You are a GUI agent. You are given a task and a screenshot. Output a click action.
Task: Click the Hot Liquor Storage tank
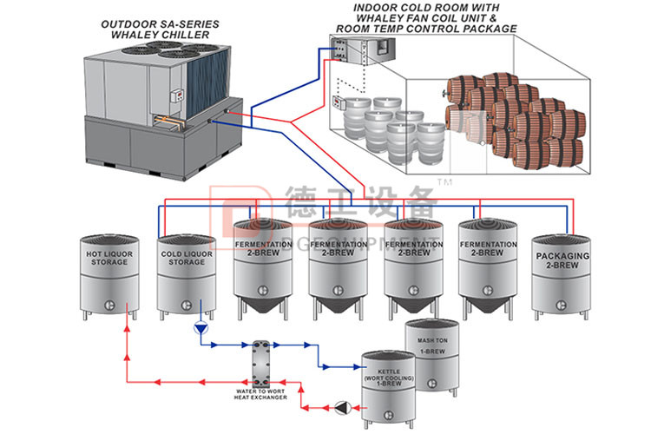pos(108,273)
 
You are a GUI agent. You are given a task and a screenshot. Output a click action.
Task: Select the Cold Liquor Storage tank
pos(186,273)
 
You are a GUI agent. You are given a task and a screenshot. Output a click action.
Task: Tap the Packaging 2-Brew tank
pos(562,273)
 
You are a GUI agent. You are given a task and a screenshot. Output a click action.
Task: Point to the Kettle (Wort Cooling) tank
pos(389,391)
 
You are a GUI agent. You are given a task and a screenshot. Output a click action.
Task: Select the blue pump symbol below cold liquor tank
pos(201,329)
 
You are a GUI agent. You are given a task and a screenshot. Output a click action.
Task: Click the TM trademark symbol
pos(444,182)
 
